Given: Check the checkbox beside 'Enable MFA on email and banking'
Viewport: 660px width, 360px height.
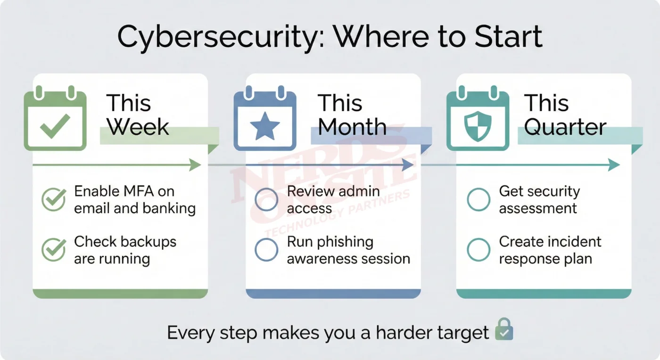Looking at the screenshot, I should point(53,200).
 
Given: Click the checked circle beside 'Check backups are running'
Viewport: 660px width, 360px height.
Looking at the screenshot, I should point(53,250).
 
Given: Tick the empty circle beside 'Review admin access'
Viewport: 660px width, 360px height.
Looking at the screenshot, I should point(266,200).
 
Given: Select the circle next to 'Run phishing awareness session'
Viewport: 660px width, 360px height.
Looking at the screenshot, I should point(266,250).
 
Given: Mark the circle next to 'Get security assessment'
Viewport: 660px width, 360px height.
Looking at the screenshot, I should point(478,200).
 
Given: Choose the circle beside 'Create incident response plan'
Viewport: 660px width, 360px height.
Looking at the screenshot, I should point(478,250).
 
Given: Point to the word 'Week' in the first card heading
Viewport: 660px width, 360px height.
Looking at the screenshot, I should point(138,127).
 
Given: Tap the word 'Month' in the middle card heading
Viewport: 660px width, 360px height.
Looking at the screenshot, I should point(352,127).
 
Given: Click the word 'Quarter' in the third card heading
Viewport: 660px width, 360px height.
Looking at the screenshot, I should point(565,127).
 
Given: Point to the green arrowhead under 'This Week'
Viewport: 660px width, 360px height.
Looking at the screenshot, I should point(195,165).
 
